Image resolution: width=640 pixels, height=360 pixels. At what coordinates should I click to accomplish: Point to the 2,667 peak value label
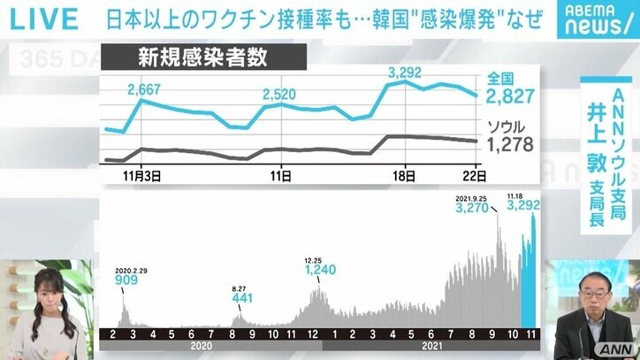144,88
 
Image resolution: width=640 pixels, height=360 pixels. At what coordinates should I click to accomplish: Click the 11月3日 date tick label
141,176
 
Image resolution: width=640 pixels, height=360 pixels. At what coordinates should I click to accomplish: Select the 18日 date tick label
404,176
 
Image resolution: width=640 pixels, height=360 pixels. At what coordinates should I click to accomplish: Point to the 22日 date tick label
470,176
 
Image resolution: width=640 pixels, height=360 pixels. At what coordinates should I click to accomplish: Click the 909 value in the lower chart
126,280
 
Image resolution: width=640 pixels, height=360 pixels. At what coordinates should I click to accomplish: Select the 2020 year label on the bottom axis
202,348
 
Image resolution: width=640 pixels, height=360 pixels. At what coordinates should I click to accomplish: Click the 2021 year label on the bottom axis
430,348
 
